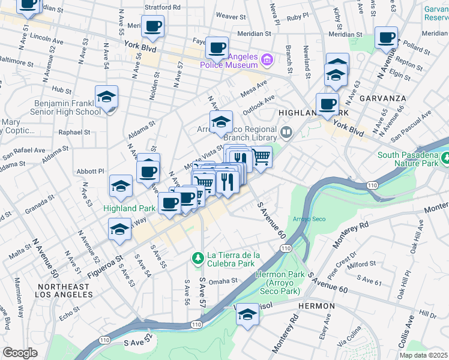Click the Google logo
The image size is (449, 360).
pyautogui.click(x=20, y=353)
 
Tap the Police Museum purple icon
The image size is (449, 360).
pyautogui.click(x=268, y=59)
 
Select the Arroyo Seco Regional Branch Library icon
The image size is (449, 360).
pyautogui.click(x=286, y=132)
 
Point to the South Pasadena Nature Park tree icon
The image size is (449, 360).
pyautogui.click(x=445, y=159)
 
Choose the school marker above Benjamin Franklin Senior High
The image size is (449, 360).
pyautogui.click(x=107, y=97)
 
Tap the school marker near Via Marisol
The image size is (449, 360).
pyautogui.click(x=247, y=314)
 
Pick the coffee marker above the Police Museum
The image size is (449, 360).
pyautogui.click(x=217, y=47)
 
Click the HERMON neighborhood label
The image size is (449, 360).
pyautogui.click(x=316, y=306)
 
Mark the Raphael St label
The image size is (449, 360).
pyautogui.click(x=74, y=132)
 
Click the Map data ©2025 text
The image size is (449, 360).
pyautogui.click(x=423, y=355)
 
